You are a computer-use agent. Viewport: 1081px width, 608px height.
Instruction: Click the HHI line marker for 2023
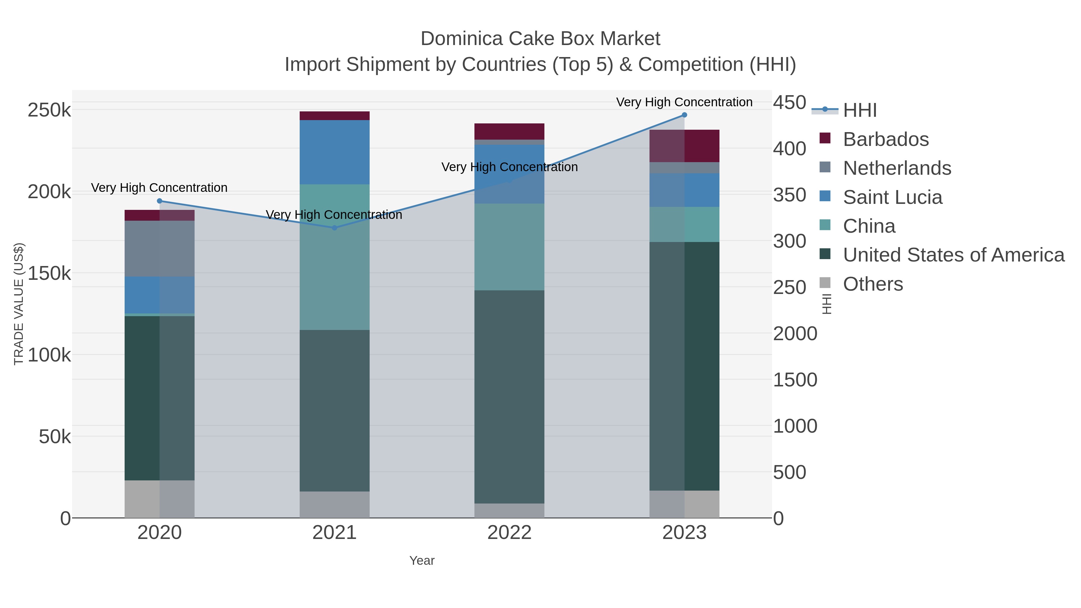click(x=684, y=115)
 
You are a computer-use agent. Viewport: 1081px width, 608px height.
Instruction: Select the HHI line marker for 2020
click(x=159, y=201)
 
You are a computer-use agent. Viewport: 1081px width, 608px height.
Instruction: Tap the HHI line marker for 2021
click(x=335, y=228)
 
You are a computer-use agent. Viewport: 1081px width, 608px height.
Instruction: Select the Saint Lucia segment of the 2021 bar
click(x=335, y=152)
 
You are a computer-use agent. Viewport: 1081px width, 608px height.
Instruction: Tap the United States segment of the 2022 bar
click(x=509, y=397)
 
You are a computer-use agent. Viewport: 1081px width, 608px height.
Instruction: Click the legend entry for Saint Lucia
click(x=892, y=197)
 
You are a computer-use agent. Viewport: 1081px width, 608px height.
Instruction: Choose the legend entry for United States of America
click(x=953, y=255)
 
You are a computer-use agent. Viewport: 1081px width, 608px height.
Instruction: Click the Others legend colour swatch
click(x=825, y=283)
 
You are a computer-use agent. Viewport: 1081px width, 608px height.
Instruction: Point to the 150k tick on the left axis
click(x=49, y=274)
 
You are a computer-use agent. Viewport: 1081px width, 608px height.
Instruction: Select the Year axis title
click(x=422, y=561)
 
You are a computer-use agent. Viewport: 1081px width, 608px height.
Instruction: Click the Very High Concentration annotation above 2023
click(x=684, y=102)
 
